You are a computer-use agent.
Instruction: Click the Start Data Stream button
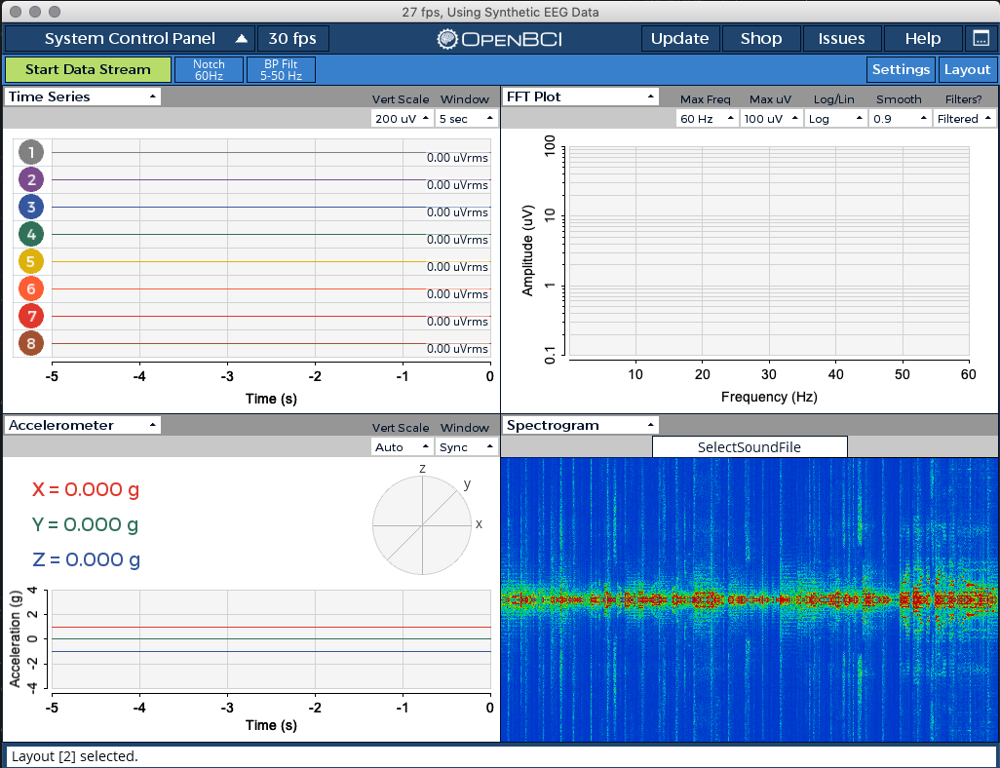pos(88,69)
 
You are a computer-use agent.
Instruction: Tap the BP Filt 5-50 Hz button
pos(281,69)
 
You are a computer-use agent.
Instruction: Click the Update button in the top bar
pos(679,39)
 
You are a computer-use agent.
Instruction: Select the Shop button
pos(760,39)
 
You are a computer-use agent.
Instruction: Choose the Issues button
pos(841,39)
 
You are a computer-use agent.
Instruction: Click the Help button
pos(922,39)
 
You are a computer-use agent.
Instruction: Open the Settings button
pos(901,69)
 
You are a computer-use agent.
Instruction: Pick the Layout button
pos(967,69)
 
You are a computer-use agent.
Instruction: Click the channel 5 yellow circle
pos(31,261)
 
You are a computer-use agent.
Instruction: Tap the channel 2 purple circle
pos(31,179)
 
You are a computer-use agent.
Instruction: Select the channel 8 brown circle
pos(31,343)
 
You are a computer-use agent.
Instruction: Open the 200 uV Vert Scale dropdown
pos(402,119)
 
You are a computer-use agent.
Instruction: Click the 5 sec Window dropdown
pos(466,119)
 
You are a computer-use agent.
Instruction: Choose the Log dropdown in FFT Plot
pos(835,119)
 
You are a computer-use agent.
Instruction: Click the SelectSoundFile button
pos(750,447)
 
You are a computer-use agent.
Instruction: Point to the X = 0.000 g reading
pos(85,489)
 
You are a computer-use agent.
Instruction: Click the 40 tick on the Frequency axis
pos(835,374)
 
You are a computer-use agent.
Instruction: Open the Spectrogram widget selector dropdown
pos(581,425)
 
